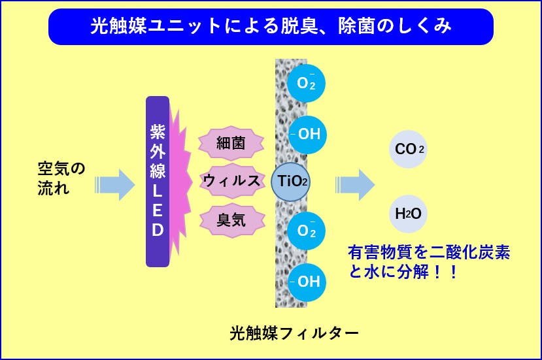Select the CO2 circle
(409, 150)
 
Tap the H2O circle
(409, 214)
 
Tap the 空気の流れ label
(61, 179)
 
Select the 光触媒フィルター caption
(294, 333)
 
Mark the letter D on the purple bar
(158, 230)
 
